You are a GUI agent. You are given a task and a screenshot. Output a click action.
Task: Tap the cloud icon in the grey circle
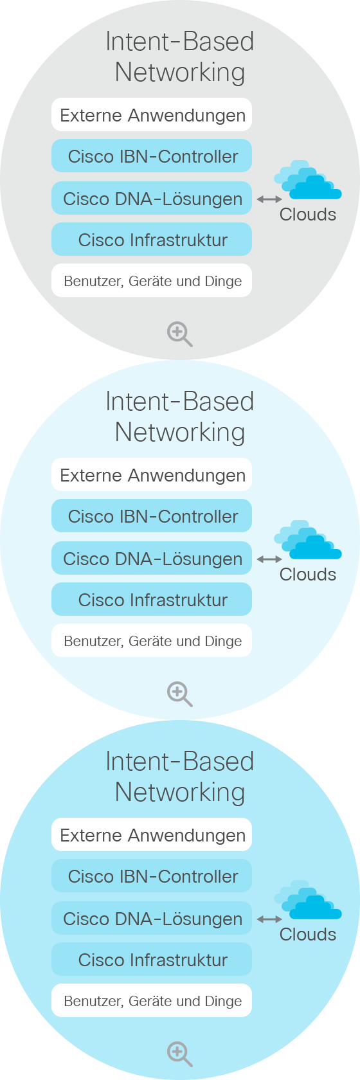[308, 180]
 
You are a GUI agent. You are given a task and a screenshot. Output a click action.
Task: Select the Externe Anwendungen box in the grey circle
[152, 114]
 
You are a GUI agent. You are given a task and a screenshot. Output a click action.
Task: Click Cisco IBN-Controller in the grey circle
[152, 156]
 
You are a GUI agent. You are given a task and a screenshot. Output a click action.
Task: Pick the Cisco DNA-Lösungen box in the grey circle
[152, 198]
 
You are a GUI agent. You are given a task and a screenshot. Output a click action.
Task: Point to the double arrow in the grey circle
[269, 199]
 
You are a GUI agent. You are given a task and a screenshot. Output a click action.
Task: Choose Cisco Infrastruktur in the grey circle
[152, 239]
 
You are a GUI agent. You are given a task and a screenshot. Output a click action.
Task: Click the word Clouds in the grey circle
[308, 214]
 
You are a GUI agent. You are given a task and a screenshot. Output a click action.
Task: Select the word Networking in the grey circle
[180, 73]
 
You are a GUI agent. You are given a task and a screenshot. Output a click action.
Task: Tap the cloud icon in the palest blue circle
[308, 540]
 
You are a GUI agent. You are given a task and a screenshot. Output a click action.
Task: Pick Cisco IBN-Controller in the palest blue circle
[152, 516]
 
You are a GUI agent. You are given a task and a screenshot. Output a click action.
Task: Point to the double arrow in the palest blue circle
[269, 559]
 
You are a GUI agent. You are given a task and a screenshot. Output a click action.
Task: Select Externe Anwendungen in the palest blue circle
[152, 475]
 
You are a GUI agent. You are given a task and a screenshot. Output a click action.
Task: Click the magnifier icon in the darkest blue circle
[179, 1054]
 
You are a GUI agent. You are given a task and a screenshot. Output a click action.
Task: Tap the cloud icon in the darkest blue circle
[308, 900]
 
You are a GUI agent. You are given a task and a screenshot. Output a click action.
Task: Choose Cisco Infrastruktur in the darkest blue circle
[152, 959]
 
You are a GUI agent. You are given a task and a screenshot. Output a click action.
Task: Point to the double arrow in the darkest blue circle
[269, 919]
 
